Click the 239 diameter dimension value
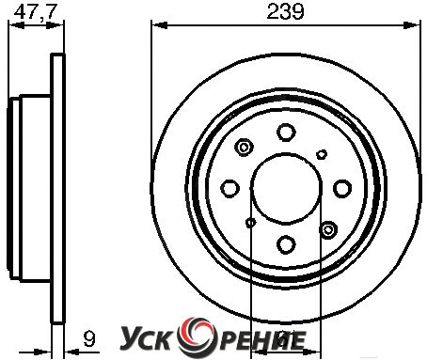(x=285, y=12)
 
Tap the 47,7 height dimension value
(x=35, y=12)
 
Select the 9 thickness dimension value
(x=89, y=338)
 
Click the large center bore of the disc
(x=286, y=189)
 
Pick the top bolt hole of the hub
(x=286, y=132)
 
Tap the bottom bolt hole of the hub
(x=286, y=244)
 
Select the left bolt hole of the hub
(x=230, y=188)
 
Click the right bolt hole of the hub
(x=342, y=188)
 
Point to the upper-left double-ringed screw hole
(x=244, y=147)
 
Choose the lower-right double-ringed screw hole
(x=328, y=230)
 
